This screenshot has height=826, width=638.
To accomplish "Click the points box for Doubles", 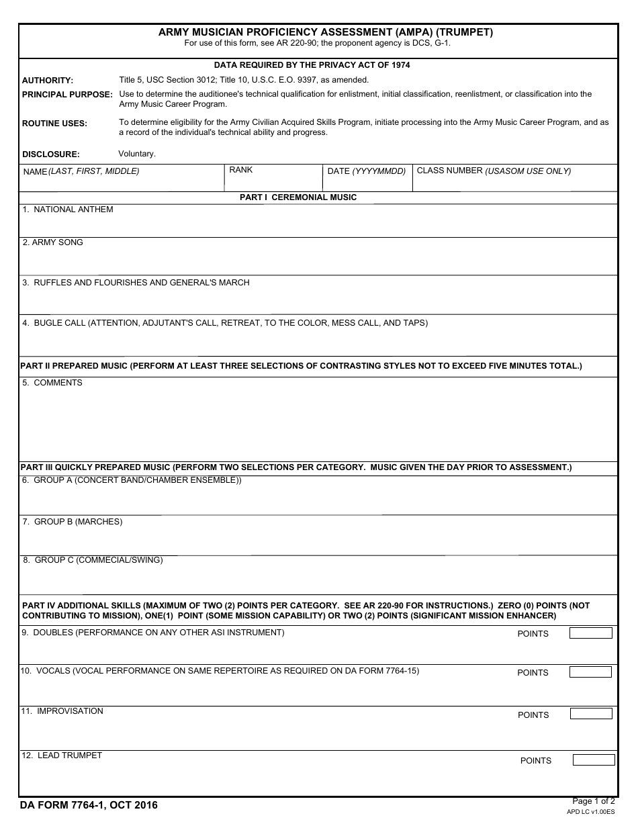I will coord(590,633).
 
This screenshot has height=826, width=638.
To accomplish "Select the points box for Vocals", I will coord(590,672).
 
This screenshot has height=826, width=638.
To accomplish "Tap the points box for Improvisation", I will coord(591,714).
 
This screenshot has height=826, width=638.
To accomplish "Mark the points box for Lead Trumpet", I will coord(594,760).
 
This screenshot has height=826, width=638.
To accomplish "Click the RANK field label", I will coord(240,170).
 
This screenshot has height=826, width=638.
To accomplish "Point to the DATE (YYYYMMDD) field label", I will coord(366,171).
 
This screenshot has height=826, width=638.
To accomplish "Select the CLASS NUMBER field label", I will coord(494,171).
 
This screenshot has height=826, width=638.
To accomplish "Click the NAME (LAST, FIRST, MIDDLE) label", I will coord(81,171).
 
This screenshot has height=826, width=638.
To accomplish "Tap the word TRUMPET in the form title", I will coord(471,32).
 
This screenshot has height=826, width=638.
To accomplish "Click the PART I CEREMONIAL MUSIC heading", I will coord(298,197).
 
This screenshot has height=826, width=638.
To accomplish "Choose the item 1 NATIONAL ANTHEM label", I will coord(67,210).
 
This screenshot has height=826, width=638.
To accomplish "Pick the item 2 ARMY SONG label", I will coord(52,242).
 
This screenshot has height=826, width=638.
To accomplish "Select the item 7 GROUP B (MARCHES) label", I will coord(73,522).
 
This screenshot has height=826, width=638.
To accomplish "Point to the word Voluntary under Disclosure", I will coord(137,154).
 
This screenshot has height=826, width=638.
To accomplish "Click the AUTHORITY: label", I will coord(48,81).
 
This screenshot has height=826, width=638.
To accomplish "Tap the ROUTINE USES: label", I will coord(54,124).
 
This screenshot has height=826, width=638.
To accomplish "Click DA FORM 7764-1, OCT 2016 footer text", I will coord(89,805).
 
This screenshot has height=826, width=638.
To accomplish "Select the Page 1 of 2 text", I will coord(593,800).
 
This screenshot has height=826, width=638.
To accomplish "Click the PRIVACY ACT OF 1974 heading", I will coord(312,65).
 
